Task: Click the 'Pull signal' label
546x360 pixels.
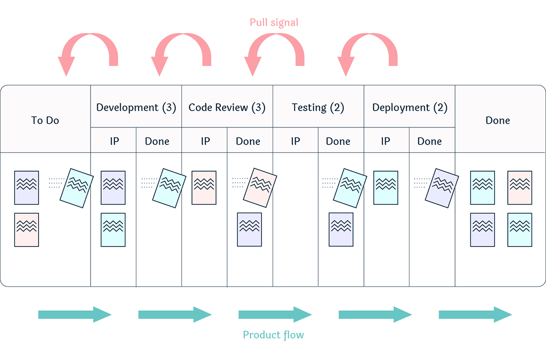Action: tap(274, 22)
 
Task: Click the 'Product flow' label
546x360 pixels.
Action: tap(273, 335)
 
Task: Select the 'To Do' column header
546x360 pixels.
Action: tap(45, 121)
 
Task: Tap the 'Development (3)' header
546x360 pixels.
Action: tap(136, 107)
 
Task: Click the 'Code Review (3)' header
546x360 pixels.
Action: tap(227, 107)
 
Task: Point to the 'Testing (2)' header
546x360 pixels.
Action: tap(318, 107)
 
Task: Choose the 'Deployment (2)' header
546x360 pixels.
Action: tap(409, 107)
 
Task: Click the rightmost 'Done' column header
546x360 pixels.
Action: tap(498, 121)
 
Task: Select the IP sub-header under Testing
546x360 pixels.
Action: tap(295, 141)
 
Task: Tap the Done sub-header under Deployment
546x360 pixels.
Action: tap(430, 141)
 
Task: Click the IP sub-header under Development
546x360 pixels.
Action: tap(114, 141)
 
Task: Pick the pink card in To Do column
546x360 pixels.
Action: tap(26, 230)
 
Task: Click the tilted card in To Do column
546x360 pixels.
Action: tap(76, 188)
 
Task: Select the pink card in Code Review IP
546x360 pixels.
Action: tap(204, 188)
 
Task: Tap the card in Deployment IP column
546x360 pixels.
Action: tap(385, 188)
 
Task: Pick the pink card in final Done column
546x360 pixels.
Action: tap(520, 188)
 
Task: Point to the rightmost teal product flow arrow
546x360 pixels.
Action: tap(475, 314)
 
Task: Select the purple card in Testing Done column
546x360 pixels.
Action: tap(341, 229)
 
